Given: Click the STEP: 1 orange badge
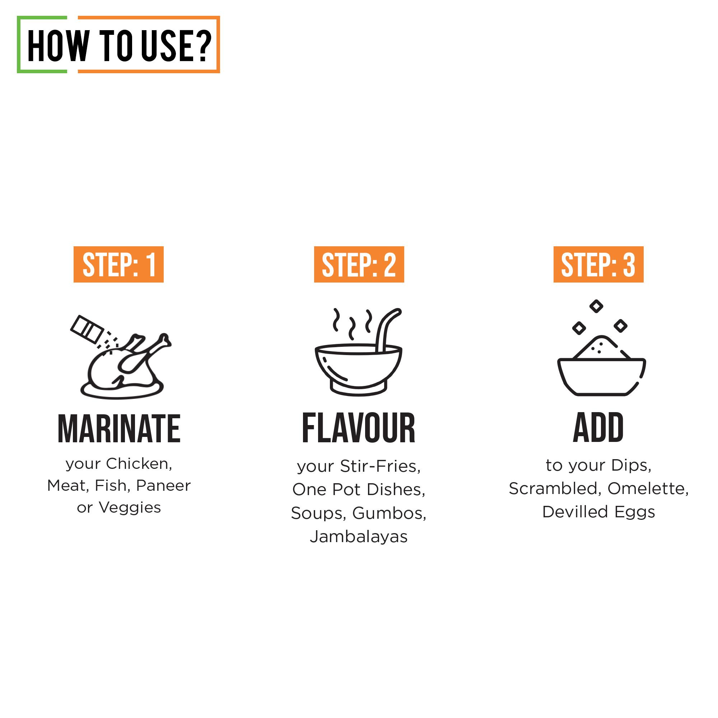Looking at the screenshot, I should click(118, 264).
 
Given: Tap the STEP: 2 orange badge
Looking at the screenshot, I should click(359, 264).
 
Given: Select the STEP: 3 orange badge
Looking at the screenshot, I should click(598, 264).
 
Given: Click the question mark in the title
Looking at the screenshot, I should click(203, 45).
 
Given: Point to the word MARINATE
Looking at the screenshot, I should click(119, 429).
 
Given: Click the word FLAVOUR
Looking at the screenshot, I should click(358, 428).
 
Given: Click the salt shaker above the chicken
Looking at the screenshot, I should click(87, 329).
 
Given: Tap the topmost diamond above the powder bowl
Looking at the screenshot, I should click(596, 306).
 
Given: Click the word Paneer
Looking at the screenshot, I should click(163, 485).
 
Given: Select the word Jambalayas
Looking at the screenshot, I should click(359, 537).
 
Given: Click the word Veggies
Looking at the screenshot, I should click(130, 508).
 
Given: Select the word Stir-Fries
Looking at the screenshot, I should click(380, 466).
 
